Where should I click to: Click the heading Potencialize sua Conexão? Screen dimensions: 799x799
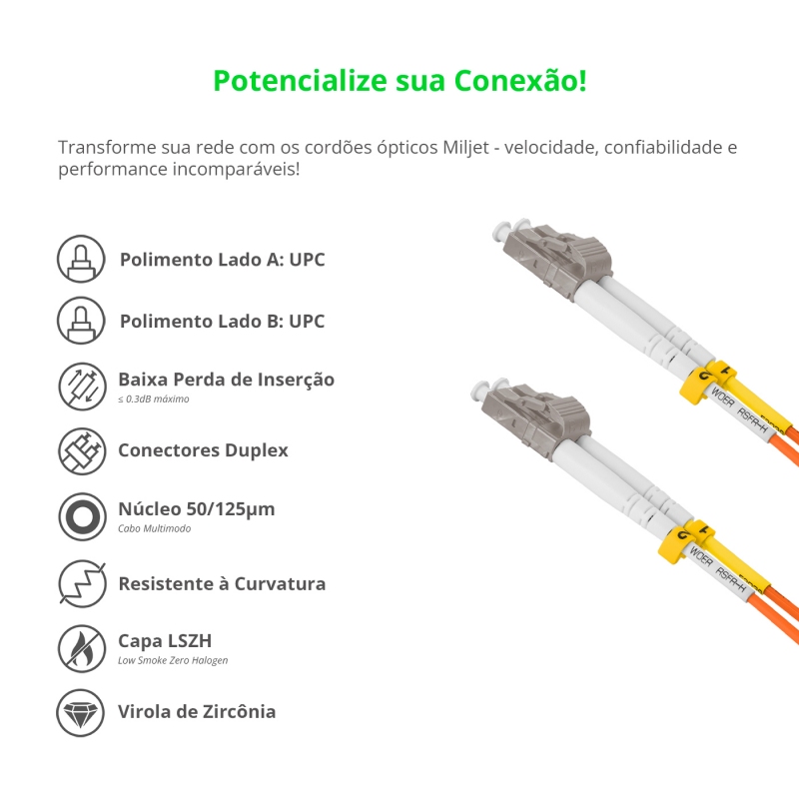click(399, 80)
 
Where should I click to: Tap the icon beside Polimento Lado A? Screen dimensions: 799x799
click(81, 260)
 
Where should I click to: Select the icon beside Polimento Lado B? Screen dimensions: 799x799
click(81, 322)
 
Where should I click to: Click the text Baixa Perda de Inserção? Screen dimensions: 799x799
click(226, 380)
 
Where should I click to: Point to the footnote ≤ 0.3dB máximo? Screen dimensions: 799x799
click(153, 399)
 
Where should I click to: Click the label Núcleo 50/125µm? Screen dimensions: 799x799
click(196, 508)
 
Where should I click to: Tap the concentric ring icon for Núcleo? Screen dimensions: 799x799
click(81, 516)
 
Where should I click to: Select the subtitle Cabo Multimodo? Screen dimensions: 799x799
click(154, 528)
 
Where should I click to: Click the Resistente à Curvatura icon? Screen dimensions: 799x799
click(81, 583)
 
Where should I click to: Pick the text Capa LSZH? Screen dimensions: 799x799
click(165, 640)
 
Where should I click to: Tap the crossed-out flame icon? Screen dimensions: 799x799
click(81, 648)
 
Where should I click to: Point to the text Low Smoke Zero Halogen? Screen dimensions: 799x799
click(173, 660)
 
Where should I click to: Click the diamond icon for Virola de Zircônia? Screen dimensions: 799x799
click(81, 712)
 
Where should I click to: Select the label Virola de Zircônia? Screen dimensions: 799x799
click(197, 711)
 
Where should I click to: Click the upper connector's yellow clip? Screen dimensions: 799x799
click(706, 385)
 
